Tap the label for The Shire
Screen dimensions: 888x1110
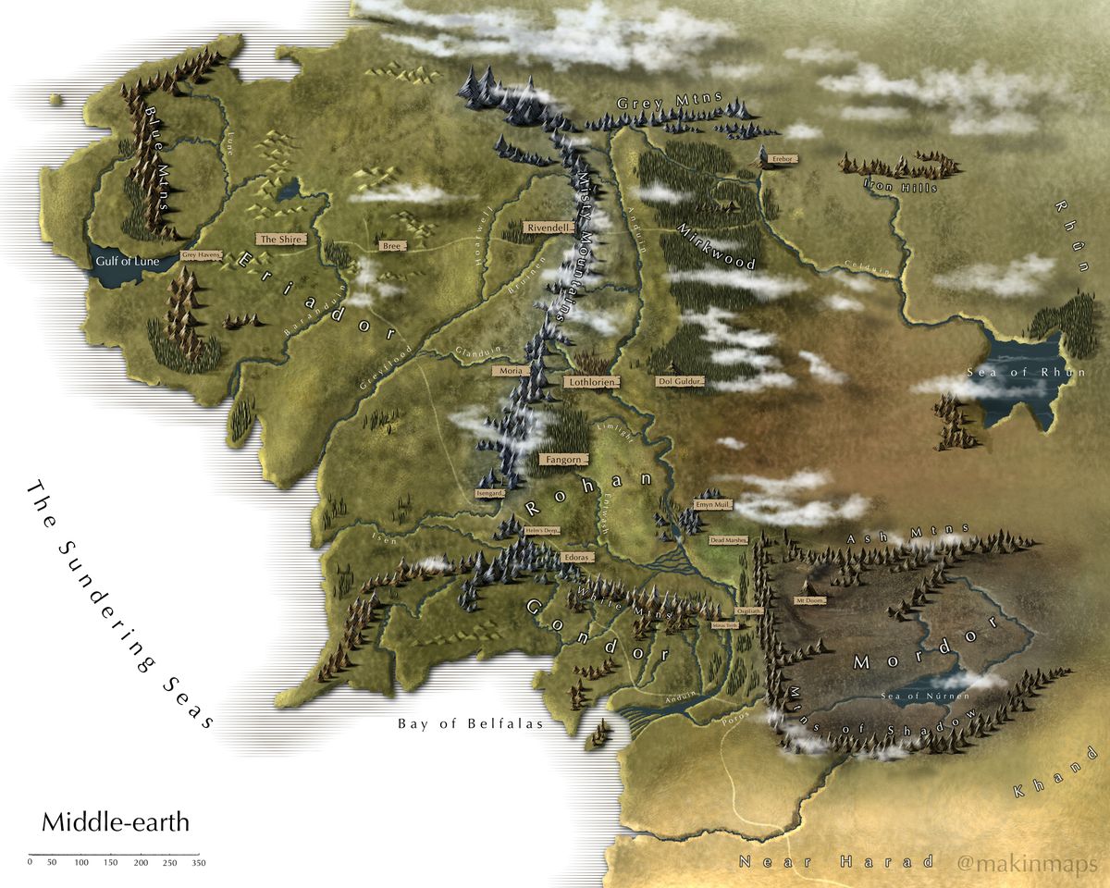click(x=277, y=239)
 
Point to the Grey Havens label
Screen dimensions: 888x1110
click(x=202, y=254)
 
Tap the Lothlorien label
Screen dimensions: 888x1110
click(x=590, y=380)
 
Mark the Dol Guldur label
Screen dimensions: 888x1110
click(x=681, y=380)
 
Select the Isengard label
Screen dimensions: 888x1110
click(x=490, y=493)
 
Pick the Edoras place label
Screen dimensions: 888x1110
click(x=575, y=558)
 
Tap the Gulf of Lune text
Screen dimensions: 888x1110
click(x=128, y=262)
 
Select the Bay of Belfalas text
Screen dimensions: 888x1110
click(x=470, y=724)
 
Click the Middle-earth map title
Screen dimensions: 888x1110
click(x=116, y=821)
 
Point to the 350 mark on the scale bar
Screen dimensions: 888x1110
click(x=198, y=862)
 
